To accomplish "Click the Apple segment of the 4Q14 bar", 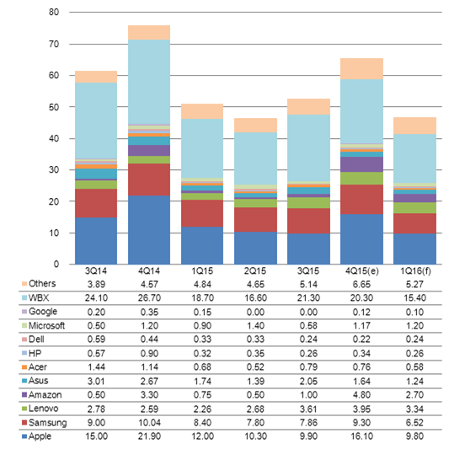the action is tap(149, 230).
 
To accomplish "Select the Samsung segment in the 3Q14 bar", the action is tap(96, 203).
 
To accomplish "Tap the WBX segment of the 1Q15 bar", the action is tap(202, 148).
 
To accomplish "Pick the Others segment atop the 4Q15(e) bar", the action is tap(361, 69).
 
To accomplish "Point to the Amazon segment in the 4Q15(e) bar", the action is tap(361, 164).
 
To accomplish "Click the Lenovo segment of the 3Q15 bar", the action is tap(308, 203).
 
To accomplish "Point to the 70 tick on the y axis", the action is tap(54, 44).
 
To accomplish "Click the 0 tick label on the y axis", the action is tap(56, 264).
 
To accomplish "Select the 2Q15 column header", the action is tap(255, 271).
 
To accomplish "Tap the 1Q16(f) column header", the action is tap(415, 271).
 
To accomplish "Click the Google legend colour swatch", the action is tap(24, 312).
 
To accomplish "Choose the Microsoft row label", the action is tap(46, 326).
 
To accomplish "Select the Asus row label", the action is tap(38, 381).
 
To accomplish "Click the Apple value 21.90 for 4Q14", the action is tap(149, 436).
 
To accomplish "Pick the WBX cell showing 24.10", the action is tap(96, 298).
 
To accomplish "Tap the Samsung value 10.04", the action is tap(149, 423).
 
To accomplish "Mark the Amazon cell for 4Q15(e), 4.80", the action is tap(361, 395).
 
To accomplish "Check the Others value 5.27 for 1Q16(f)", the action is tap(415, 284).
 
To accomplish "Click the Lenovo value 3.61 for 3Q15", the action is tap(308, 409).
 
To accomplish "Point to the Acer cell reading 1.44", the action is tap(96, 367).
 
